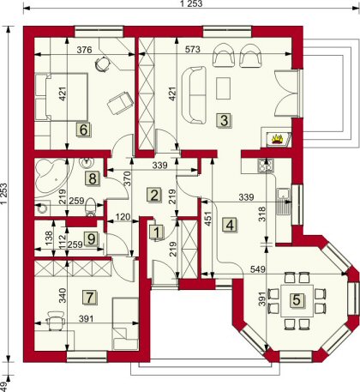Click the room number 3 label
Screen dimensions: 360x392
[225, 121]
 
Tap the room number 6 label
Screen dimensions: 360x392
[83, 130]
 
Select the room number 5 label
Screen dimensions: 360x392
[297, 300]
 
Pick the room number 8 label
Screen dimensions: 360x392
[93, 179]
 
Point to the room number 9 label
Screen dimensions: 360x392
[91, 239]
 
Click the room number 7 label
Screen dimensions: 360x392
[90, 298]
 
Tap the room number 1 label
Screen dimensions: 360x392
[157, 232]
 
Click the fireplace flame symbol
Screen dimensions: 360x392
[277, 139]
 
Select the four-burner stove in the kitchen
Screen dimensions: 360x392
[266, 166]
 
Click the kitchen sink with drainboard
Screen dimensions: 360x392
[284, 202]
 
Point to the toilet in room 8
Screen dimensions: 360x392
[91, 208]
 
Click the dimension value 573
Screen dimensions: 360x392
[192, 50]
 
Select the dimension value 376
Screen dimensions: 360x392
[85, 50]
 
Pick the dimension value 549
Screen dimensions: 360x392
[258, 269]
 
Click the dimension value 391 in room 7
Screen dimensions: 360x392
[86, 318]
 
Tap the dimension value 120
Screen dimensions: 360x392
[123, 217]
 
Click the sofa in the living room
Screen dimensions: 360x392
[194, 95]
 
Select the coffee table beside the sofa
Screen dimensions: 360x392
[224, 88]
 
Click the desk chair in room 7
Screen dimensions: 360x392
[56, 320]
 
